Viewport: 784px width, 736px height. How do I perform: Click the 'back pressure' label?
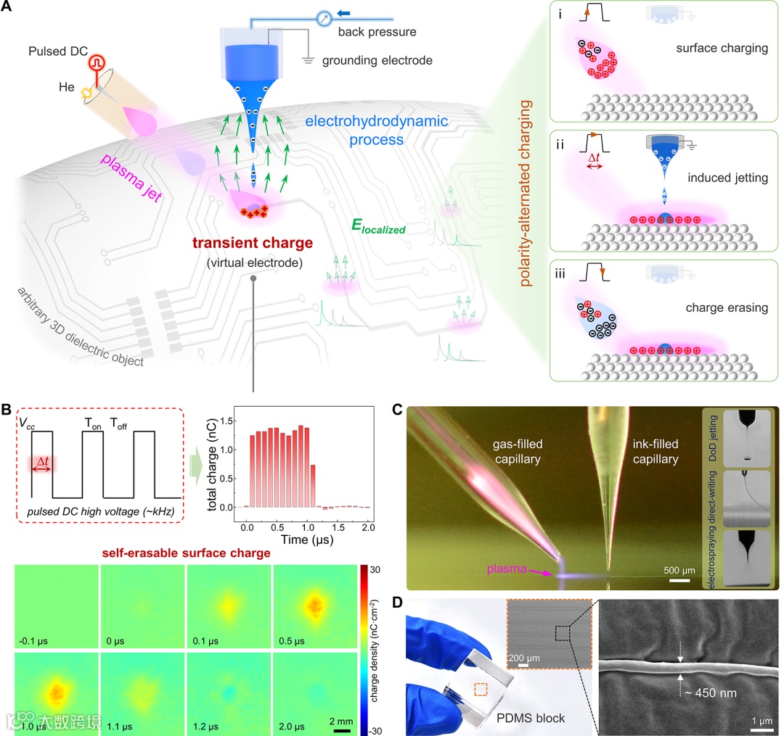pos(371,32)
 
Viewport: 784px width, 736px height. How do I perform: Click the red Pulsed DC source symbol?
pos(96,63)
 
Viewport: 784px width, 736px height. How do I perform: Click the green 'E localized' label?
pos(378,228)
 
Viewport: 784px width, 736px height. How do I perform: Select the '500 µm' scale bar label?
pos(678,568)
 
